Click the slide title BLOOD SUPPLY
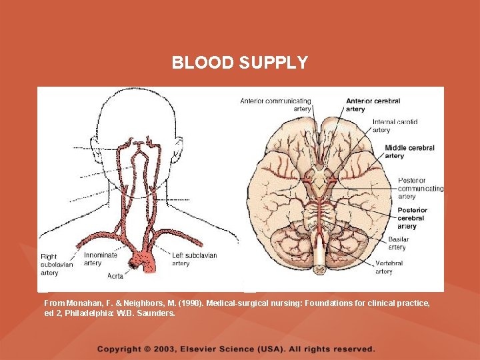click(240, 63)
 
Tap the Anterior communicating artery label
click(275, 105)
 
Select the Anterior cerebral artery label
click(373, 105)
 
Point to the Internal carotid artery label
click(395, 126)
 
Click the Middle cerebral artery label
click(409, 152)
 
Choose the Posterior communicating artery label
click(420, 188)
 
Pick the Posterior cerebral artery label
click(412, 218)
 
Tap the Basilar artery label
click(398, 243)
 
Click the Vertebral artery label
click(388, 267)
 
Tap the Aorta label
click(114, 275)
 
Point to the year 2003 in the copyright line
click(163, 349)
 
